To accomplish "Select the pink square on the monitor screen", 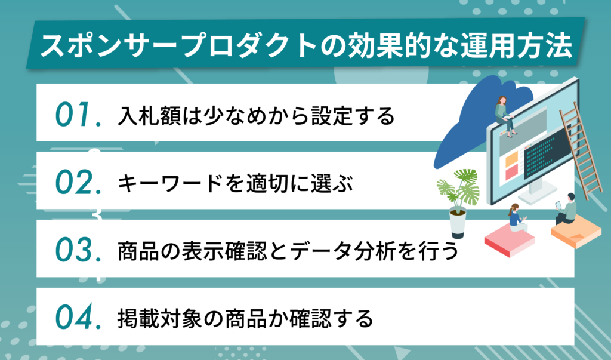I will point(511,173).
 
